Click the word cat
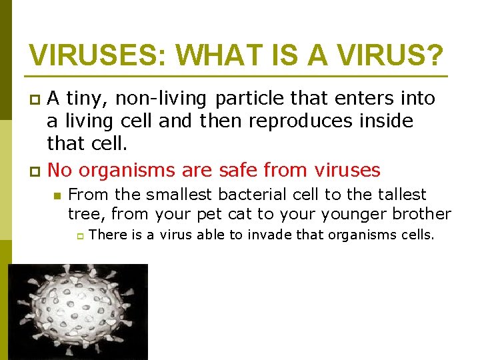(239, 214)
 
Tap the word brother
(423, 214)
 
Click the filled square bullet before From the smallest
(58, 195)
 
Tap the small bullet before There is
(79, 235)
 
